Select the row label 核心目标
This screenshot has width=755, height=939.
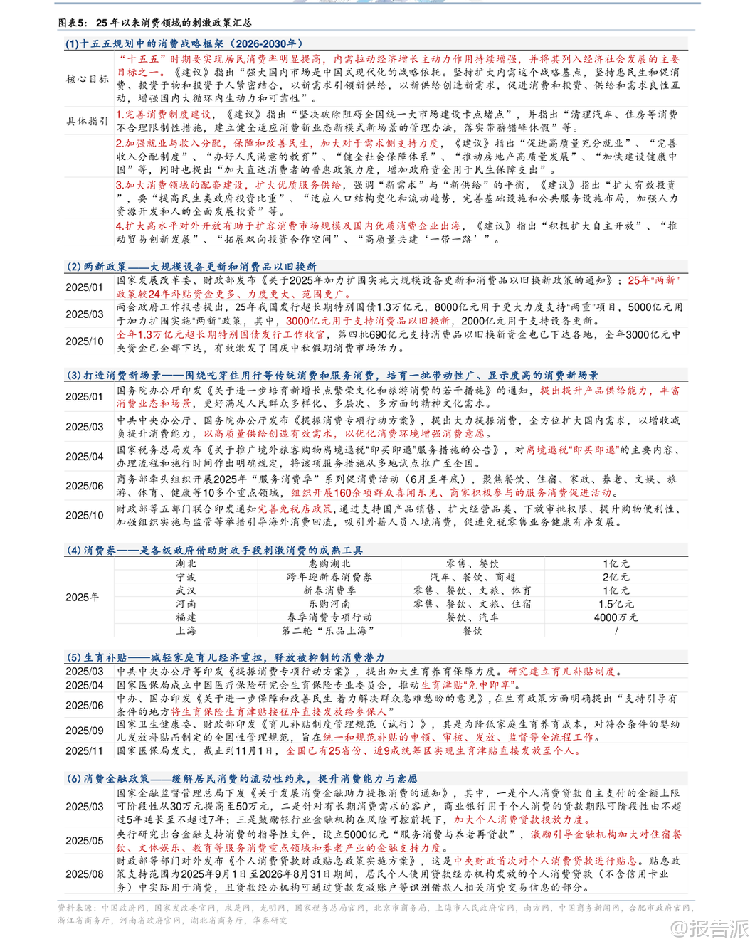(x=88, y=79)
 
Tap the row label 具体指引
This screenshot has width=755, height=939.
(x=88, y=121)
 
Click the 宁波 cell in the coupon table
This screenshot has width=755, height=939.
(x=186, y=577)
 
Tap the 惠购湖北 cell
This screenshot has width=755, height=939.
(x=329, y=563)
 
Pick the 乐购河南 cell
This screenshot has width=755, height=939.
(x=329, y=604)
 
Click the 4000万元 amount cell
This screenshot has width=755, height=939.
(x=616, y=617)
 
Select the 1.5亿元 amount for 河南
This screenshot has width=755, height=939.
(x=616, y=604)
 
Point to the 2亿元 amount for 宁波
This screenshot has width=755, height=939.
(x=616, y=577)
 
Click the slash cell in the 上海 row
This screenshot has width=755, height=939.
(x=616, y=631)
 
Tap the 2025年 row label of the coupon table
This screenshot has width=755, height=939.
(x=83, y=598)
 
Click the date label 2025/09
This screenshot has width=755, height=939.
(x=85, y=731)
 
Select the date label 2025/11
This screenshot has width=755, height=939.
(x=85, y=750)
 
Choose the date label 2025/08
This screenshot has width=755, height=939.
(x=85, y=874)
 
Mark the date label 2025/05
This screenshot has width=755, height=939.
(x=85, y=841)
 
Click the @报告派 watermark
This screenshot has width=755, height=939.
(x=709, y=928)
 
